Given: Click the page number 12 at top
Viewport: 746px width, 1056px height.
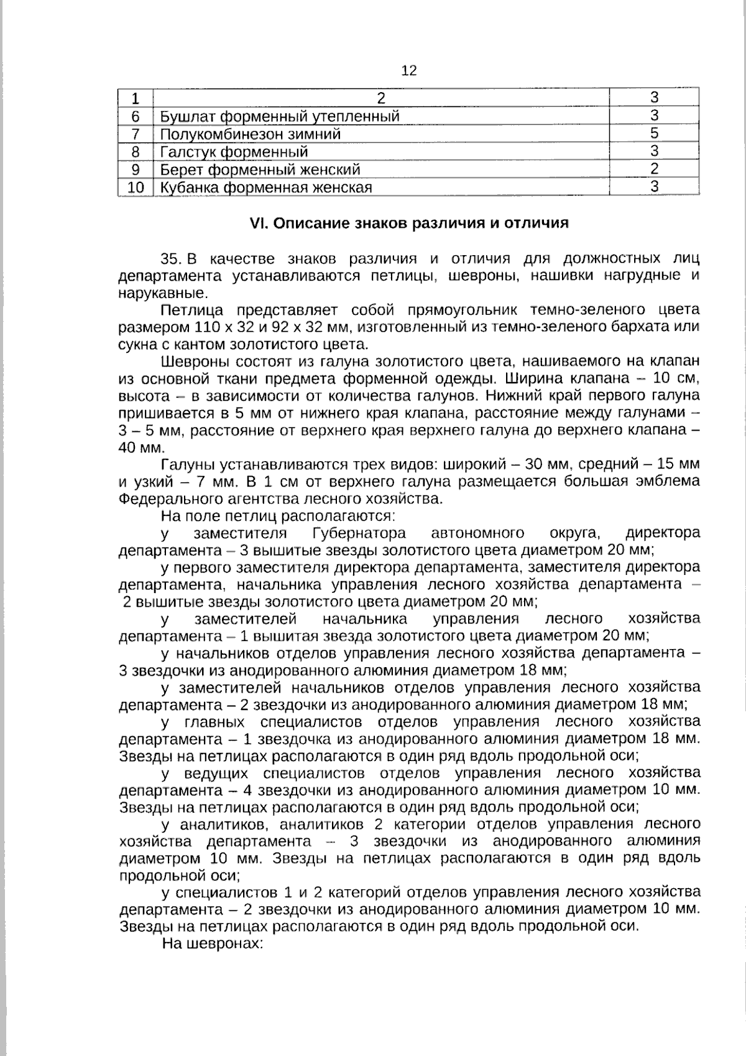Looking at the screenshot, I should [x=409, y=71].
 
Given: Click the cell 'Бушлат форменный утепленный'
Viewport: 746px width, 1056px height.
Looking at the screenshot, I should [x=280, y=116].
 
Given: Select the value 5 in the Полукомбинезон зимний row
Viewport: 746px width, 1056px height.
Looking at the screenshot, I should [x=654, y=133].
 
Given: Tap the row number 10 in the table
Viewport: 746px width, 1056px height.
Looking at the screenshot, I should [x=136, y=187].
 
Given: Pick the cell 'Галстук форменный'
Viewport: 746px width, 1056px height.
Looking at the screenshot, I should [x=234, y=152].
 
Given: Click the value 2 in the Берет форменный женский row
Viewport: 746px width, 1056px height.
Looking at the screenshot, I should [x=654, y=169].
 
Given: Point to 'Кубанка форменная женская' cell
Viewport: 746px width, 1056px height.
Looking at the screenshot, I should [x=266, y=187].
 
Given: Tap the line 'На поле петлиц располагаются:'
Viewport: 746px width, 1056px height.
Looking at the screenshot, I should [x=279, y=516].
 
